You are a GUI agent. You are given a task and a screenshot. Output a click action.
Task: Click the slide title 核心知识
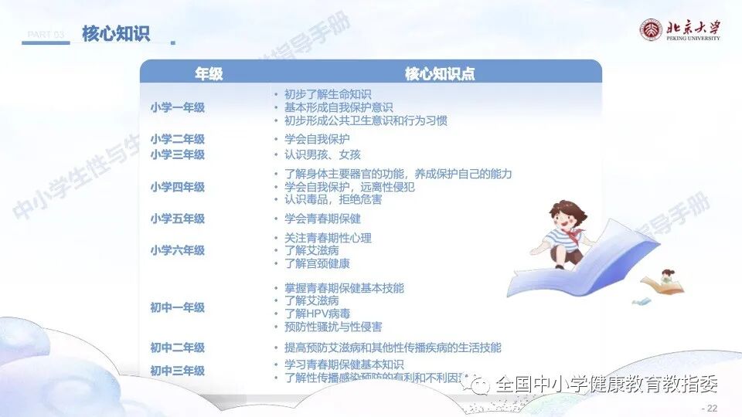point(116,33)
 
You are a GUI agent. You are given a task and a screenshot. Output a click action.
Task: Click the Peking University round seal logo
point(651,30)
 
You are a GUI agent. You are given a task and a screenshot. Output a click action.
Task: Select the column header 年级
point(208,73)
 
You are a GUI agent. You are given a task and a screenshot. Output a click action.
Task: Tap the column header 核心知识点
point(439,73)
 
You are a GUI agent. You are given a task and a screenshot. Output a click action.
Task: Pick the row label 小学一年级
point(177,107)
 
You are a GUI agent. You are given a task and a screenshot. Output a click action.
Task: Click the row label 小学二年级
point(177,139)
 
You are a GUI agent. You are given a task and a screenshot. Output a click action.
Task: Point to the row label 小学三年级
point(177,154)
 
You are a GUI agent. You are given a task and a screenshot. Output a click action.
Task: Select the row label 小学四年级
point(177,187)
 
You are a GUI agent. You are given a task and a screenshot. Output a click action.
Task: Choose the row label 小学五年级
point(177,219)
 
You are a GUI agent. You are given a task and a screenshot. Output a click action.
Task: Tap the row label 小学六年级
point(177,250)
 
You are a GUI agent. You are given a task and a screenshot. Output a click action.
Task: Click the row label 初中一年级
point(177,307)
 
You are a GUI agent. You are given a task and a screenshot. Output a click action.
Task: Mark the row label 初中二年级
point(177,347)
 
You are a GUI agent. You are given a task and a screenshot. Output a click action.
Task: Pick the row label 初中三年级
point(177,371)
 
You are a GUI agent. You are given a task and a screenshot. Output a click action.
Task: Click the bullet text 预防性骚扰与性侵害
point(333,327)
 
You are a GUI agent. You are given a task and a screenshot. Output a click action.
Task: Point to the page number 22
point(710,408)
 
